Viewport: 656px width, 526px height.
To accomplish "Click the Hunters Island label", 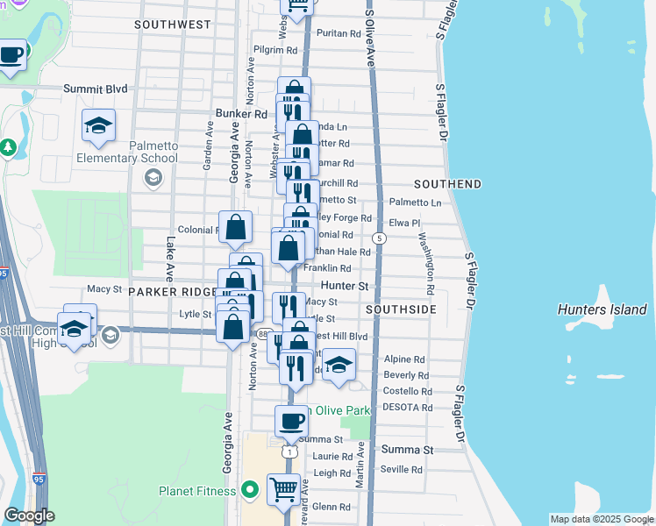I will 603,309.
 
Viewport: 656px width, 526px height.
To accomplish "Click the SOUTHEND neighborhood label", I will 447,184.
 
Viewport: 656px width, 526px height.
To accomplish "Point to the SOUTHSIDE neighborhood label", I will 401,310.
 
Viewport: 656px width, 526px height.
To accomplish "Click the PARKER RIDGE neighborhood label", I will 172,291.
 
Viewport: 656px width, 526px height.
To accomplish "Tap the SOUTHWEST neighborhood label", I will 173,25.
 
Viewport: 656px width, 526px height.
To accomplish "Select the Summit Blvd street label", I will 96,89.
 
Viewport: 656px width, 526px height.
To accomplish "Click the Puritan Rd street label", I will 339,34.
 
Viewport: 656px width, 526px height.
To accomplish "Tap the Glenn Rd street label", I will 332,507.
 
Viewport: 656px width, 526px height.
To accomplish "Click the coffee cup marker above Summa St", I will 291,420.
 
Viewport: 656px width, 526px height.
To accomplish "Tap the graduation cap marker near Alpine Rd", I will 339,364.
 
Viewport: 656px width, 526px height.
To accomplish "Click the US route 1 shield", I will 289,452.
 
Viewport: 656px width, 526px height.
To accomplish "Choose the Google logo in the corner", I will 29,516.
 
